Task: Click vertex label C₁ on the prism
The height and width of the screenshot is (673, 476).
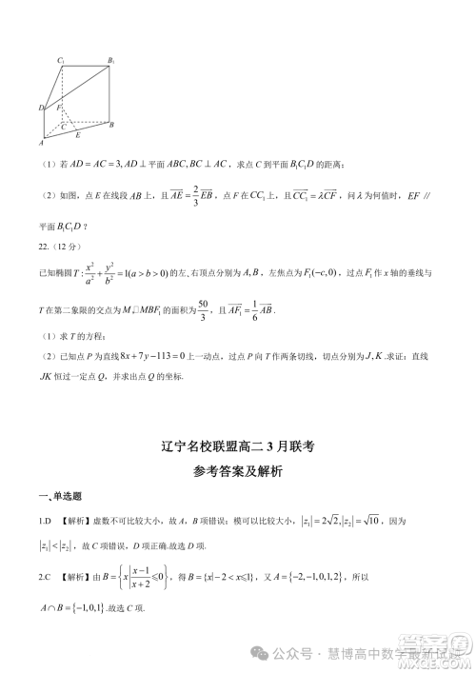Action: click(60, 61)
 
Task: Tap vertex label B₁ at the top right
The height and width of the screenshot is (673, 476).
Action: click(111, 61)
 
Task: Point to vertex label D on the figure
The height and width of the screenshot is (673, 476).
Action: click(42, 108)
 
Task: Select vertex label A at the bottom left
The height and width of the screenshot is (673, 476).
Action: click(42, 144)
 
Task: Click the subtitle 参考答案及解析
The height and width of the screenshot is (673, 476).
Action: click(238, 470)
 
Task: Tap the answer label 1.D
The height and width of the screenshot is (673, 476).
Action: click(45, 521)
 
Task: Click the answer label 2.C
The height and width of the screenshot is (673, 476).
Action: click(45, 576)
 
